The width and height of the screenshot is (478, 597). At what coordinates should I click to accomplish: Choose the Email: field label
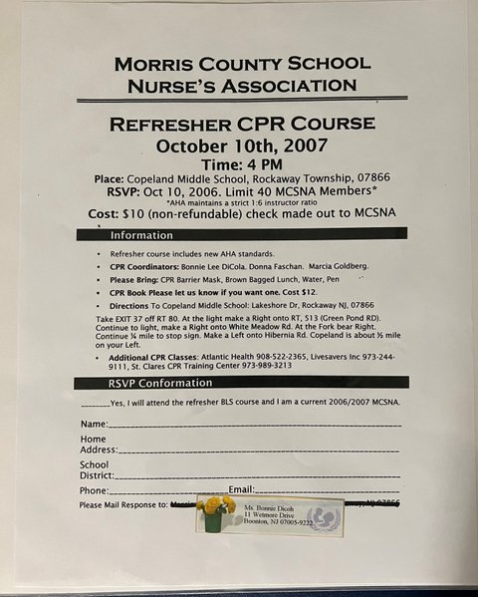243,490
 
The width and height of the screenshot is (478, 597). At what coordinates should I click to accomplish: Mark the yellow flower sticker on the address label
215,510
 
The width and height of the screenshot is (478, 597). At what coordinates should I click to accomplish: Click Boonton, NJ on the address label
263,522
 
